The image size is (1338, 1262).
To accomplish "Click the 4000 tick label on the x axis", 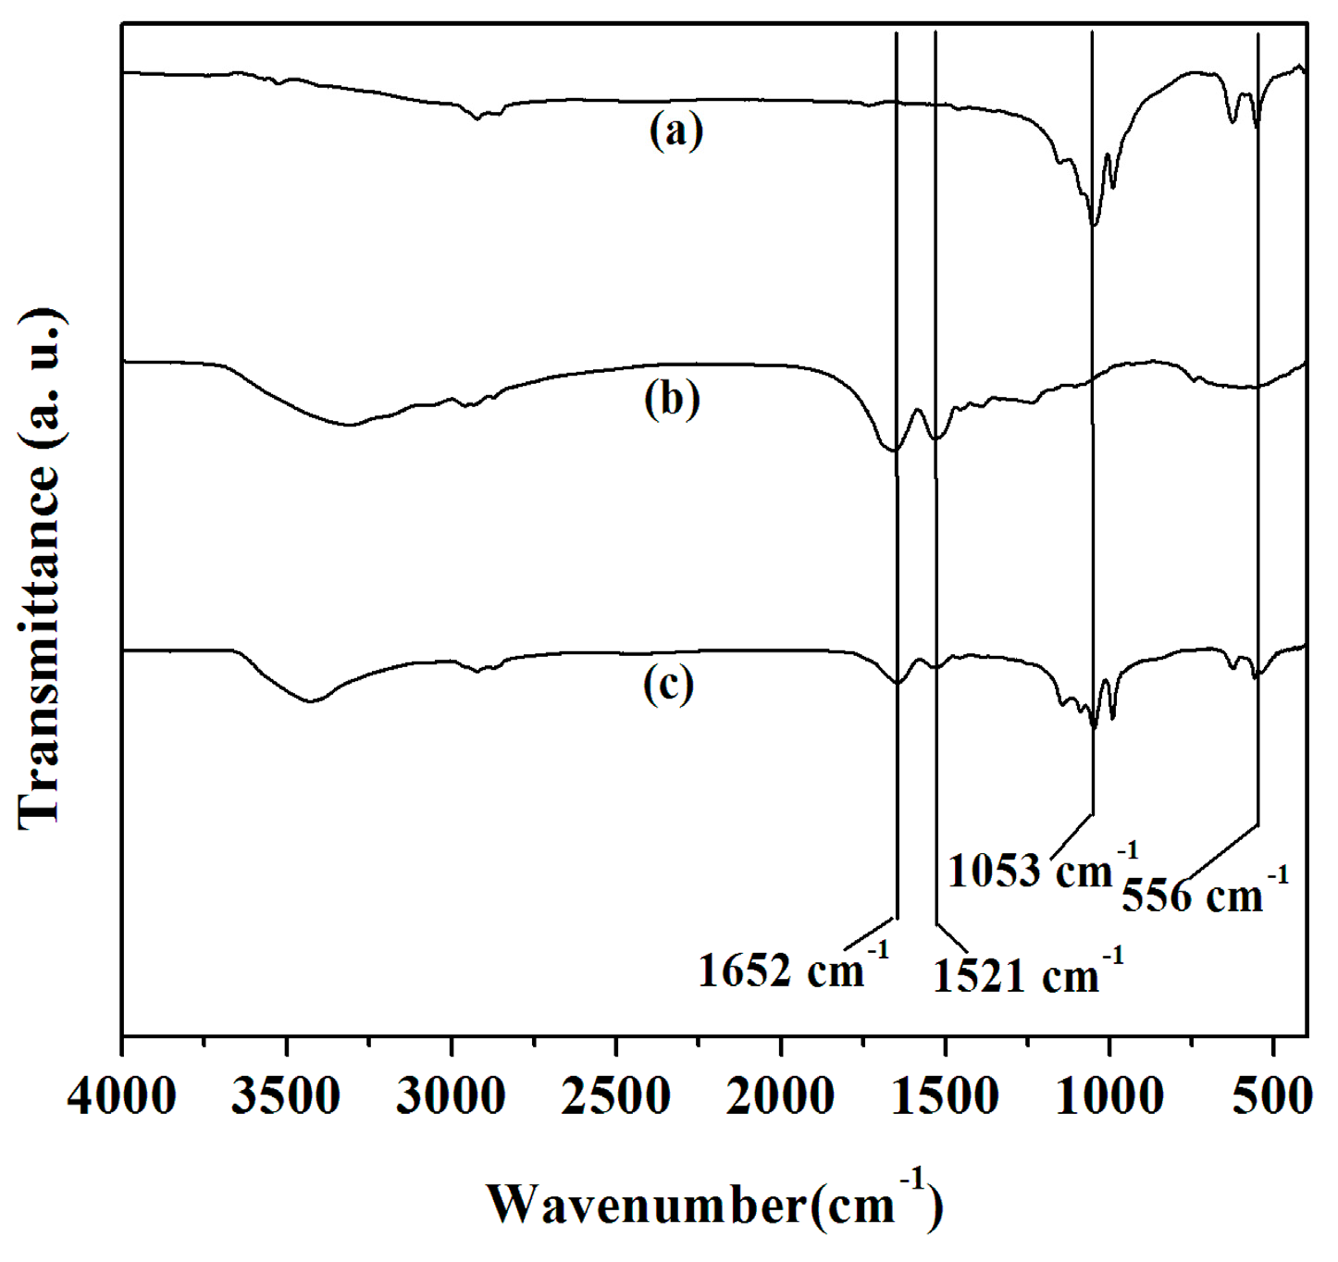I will (x=121, y=1098).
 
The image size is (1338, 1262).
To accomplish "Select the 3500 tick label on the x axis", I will (x=286, y=1098).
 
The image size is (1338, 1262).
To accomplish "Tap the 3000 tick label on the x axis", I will (x=451, y=1098).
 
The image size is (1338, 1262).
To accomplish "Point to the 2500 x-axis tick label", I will (x=615, y=1098).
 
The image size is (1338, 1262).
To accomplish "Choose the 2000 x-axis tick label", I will (x=780, y=1098).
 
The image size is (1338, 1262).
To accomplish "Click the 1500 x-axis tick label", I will (x=945, y=1098).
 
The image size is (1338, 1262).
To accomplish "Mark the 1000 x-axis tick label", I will (x=1109, y=1098).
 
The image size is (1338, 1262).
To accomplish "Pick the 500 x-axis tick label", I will (x=1274, y=1098).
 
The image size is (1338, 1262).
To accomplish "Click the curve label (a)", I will (x=675, y=130).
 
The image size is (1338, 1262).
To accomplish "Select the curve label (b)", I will (x=672, y=400).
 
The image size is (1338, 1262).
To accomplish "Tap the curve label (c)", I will (x=668, y=686).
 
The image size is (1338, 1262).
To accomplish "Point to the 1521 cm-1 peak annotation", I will (x=1027, y=974).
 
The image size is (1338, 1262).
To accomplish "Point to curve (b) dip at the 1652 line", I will (x=893, y=451).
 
